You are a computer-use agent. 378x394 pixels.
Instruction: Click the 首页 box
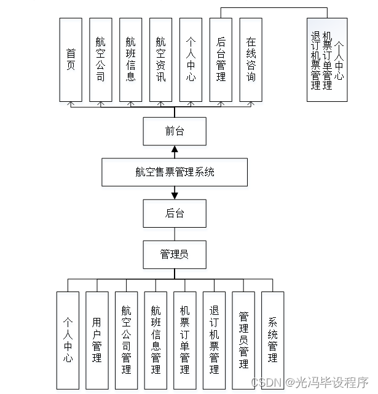[x=71, y=60]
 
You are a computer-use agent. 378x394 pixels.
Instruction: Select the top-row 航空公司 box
[x=101, y=60]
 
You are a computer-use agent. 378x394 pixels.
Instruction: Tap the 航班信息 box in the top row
[x=131, y=60]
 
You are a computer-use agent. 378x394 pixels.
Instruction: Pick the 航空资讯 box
[x=161, y=60]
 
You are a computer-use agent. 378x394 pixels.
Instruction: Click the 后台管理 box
[x=221, y=60]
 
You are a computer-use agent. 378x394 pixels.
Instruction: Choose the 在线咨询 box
[x=251, y=60]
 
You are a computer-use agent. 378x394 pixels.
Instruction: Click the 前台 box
[x=175, y=131]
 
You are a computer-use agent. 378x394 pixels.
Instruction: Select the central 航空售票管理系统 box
[x=175, y=172]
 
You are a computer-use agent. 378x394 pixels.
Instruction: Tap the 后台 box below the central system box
[x=175, y=214]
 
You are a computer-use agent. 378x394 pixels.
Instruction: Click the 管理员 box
[x=175, y=254]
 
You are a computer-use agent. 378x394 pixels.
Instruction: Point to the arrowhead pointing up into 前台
[x=175, y=149]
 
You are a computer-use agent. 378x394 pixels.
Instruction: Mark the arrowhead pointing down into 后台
[x=175, y=196]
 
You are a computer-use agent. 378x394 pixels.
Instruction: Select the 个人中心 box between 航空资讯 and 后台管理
[x=191, y=60]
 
